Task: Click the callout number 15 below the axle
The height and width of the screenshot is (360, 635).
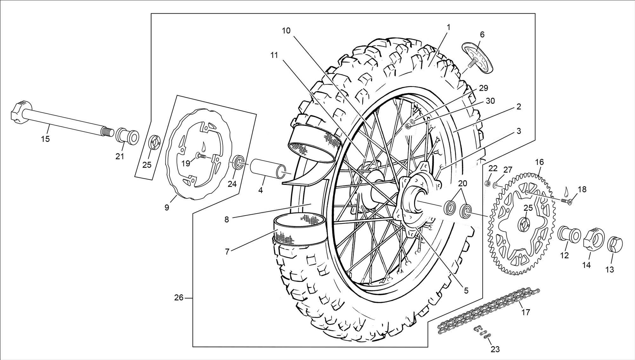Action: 45,139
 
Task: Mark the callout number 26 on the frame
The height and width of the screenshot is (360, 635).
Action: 179,298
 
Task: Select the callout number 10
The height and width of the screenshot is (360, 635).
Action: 286,30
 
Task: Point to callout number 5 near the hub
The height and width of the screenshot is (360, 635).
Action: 466,290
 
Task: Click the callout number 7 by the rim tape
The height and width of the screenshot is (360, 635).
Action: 227,252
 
